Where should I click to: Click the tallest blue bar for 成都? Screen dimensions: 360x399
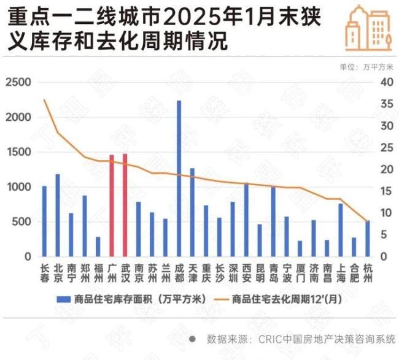click(x=179, y=178)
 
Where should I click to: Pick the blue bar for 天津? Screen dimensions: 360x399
click(x=192, y=212)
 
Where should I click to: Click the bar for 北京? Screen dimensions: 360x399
click(x=58, y=215)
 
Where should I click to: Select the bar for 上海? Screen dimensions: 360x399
click(x=341, y=230)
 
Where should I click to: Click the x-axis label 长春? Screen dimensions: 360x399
click(x=44, y=273)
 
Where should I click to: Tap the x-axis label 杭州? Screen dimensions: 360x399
click(x=367, y=273)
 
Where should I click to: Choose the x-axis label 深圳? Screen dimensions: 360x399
click(x=233, y=273)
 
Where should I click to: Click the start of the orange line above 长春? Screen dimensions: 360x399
click(x=44, y=100)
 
